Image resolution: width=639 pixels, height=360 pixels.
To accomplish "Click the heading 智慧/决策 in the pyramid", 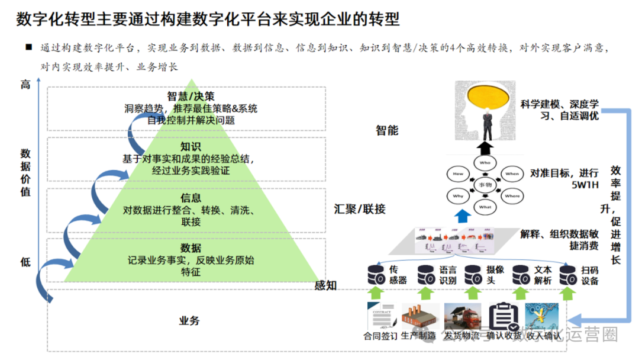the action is (x=191, y=97).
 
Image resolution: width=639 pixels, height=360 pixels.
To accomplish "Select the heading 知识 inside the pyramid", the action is (x=191, y=147).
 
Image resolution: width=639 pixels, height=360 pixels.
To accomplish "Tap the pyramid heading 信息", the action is (x=191, y=198).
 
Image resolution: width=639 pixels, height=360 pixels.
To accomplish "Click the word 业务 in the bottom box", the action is (x=189, y=321).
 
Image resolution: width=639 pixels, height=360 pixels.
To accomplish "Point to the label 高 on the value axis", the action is (x=25, y=85).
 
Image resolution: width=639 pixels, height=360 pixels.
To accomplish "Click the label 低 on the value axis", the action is (x=25, y=262).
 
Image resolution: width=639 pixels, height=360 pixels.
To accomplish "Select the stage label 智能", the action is (x=387, y=130).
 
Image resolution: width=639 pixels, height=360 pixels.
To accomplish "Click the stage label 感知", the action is (x=325, y=285).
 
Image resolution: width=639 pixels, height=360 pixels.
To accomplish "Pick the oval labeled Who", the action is (x=485, y=162).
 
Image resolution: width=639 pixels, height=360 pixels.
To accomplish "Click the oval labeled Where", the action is (x=512, y=196).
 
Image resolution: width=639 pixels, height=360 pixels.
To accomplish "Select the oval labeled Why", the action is (x=458, y=196).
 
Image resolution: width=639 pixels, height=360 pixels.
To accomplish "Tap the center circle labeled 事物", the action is (x=485, y=185).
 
